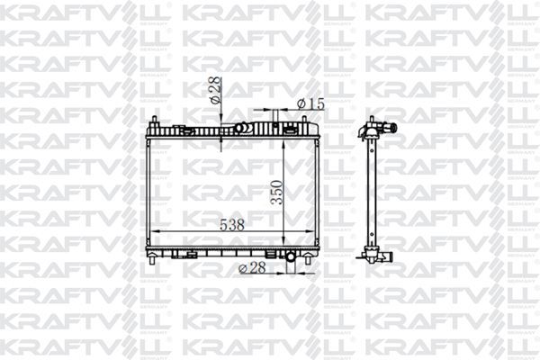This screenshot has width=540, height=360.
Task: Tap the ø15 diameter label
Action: (310, 104)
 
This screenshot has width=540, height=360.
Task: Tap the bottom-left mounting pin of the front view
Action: (153, 261)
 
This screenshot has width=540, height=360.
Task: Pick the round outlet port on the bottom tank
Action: (291, 258)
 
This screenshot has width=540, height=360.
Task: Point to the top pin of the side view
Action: (369, 121)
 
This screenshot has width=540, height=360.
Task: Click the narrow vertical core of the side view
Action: (369, 193)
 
